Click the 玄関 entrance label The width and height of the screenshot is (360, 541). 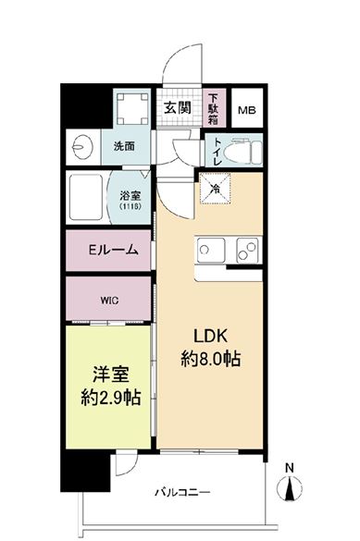(x=177, y=106)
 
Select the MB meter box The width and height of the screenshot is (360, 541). (x=247, y=110)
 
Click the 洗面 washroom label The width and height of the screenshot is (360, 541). (x=124, y=145)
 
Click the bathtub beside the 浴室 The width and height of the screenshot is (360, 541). (x=90, y=197)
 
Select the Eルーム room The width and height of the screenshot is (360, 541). (x=112, y=250)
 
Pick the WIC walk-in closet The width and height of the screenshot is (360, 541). (x=109, y=299)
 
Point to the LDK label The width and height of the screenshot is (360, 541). (x=210, y=335)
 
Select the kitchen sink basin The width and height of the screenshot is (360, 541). (x=210, y=250)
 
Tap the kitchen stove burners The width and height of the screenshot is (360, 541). (x=246, y=249)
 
